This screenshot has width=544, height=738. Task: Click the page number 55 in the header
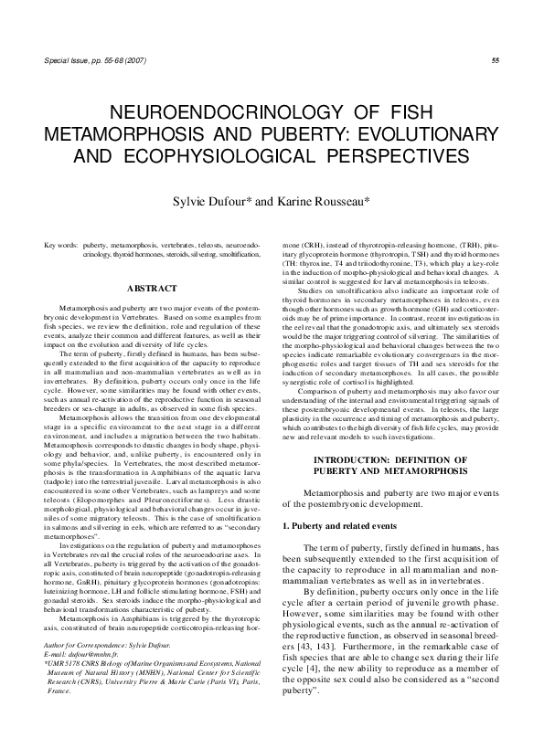tap(495, 60)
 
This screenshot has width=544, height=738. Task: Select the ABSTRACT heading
tap(151, 289)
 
